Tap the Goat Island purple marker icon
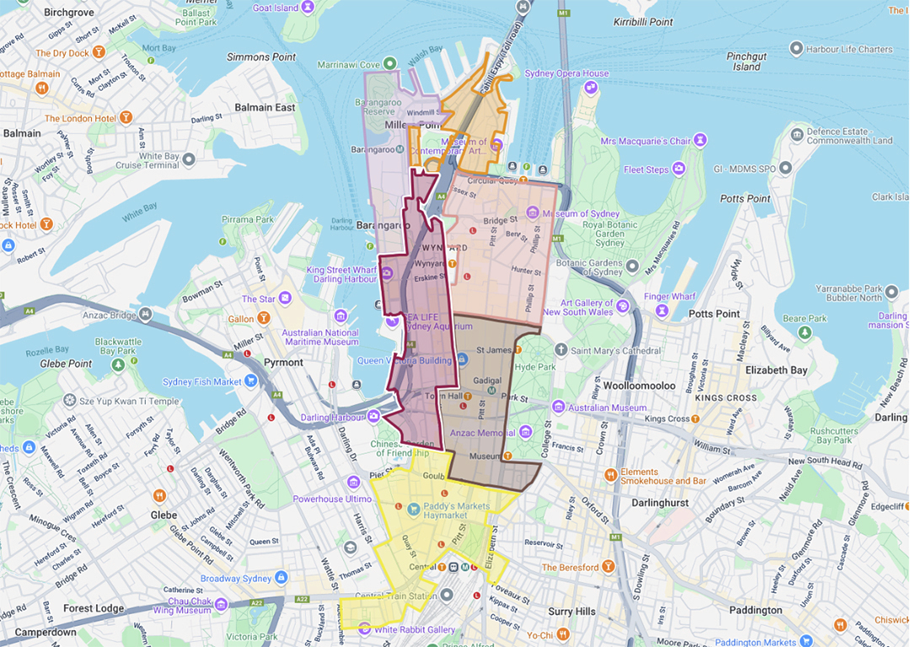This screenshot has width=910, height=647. [308, 8]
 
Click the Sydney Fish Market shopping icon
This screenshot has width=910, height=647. [250, 381]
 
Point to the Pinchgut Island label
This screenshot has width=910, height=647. [747, 61]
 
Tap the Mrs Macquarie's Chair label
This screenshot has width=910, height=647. [645, 141]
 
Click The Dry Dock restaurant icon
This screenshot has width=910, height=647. [99, 52]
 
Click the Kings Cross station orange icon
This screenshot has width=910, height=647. [695, 419]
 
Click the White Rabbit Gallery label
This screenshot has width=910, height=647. [415, 629]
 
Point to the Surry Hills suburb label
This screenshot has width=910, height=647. [572, 612]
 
